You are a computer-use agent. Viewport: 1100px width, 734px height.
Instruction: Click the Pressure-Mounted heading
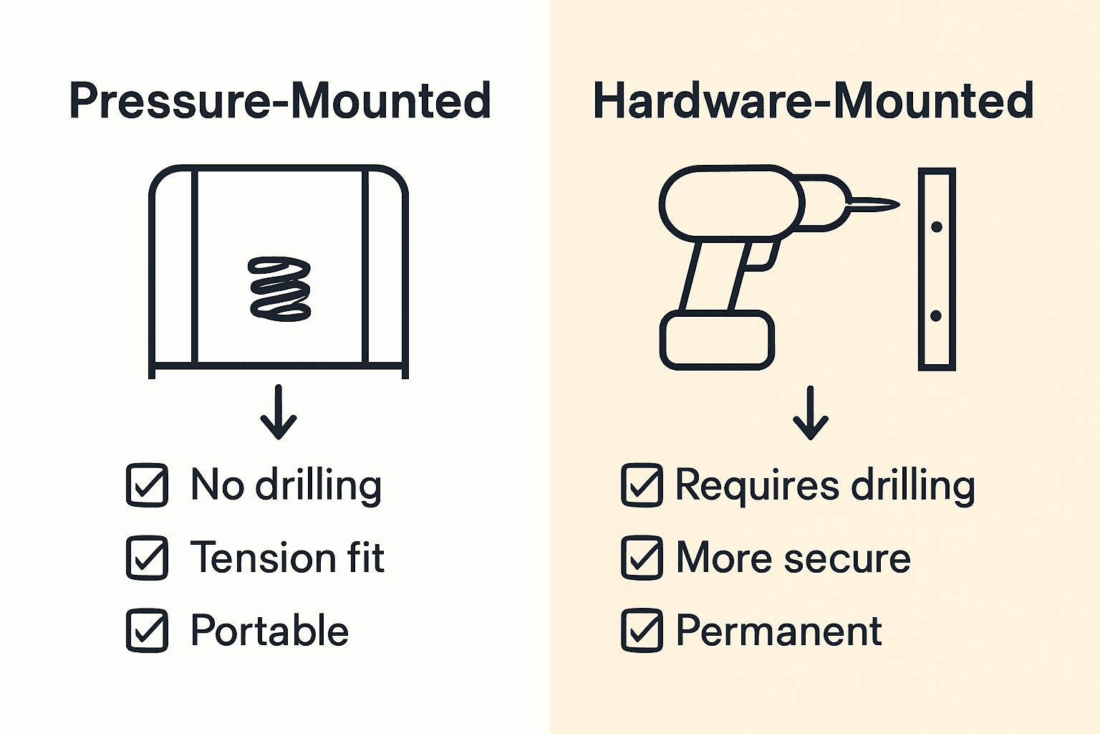pos(280,101)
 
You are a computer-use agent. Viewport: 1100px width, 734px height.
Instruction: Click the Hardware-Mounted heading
pos(814,101)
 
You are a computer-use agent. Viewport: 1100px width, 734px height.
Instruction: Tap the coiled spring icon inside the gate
pos(279,289)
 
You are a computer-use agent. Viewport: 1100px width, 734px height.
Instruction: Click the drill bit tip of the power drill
pos(888,205)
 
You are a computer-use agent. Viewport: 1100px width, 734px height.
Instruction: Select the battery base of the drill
pos(716,340)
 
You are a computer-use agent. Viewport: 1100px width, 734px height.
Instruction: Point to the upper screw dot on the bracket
pos(936,227)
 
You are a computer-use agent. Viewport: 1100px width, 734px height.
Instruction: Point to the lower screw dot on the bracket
pos(935,315)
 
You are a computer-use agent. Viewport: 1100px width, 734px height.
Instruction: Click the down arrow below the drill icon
pos(811,413)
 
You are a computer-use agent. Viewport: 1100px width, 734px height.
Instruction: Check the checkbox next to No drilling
pos(148,486)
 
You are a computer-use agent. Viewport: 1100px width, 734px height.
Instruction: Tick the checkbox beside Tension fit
pos(148,558)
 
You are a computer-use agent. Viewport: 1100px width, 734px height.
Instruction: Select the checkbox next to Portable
pos(148,631)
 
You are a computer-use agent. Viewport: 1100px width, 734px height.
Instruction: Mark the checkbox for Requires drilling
pos(642,486)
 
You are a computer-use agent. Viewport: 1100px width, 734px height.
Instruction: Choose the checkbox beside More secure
pos(642,558)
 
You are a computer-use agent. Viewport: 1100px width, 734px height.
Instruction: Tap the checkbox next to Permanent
pos(642,631)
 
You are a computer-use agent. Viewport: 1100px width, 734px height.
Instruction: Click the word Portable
pos(269,631)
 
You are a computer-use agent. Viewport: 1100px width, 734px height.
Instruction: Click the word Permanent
pos(778,631)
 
